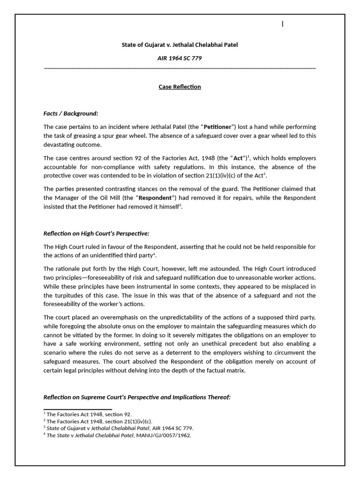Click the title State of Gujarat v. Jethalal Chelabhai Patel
pyautogui.click(x=180, y=45)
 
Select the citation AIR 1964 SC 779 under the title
pyautogui.click(x=180, y=59)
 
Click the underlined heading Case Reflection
pyautogui.click(x=180, y=87)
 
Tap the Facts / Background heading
pyautogui.click(x=71, y=113)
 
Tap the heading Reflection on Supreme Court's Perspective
pyautogui.click(x=137, y=397)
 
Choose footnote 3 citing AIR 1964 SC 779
pyautogui.click(x=119, y=428)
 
